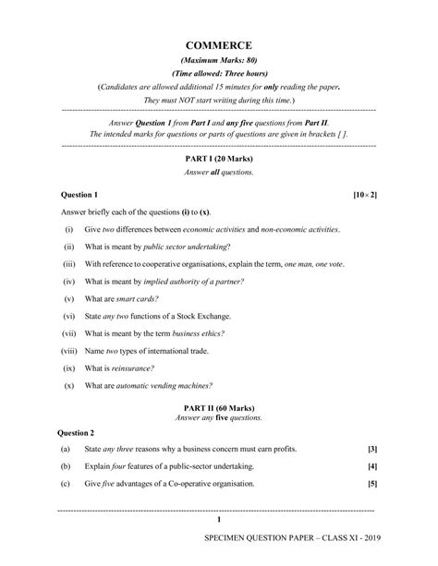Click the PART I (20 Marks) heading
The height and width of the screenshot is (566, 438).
coord(219,159)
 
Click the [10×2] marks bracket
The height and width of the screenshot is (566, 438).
coord(365,196)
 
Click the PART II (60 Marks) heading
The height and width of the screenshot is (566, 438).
coord(219,409)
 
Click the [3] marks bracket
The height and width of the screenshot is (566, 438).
coord(372,449)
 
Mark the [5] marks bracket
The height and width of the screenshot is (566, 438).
coord(372,483)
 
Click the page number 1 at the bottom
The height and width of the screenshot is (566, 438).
coord(219,521)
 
